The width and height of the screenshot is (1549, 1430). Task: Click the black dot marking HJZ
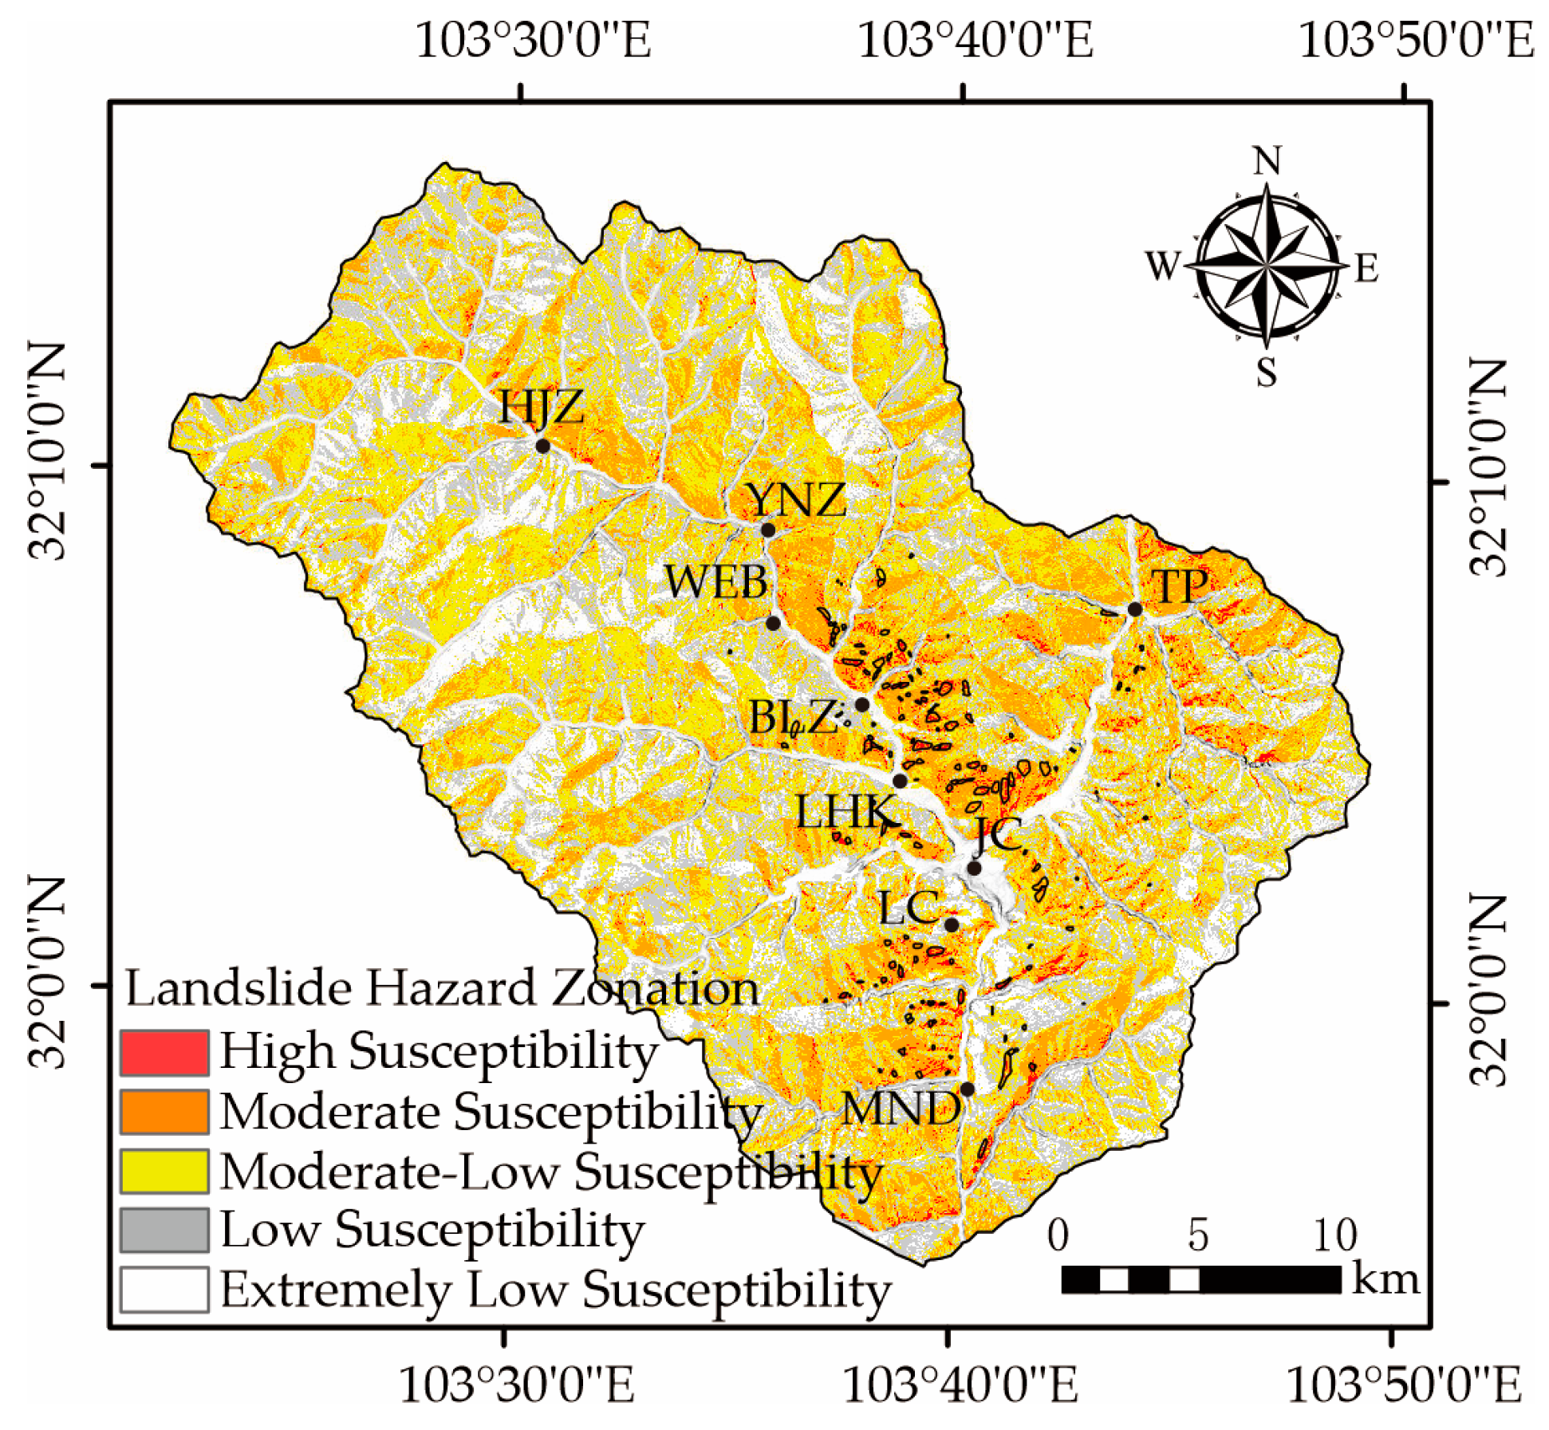coord(542,445)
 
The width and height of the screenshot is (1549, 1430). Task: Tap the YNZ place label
coord(795,500)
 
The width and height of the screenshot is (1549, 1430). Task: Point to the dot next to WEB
coord(773,623)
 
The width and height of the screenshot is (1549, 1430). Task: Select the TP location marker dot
coord(1135,609)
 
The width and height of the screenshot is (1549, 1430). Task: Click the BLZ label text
coord(792,717)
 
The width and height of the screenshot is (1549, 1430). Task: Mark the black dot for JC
coord(974,868)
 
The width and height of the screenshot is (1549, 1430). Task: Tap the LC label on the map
coord(908,908)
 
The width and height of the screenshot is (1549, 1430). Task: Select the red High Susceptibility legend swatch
coord(164,1052)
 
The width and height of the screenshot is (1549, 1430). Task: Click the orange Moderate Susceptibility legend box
coord(164,1112)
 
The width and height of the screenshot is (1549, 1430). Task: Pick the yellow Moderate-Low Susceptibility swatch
coord(164,1171)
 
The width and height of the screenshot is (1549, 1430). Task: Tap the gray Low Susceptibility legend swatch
coord(164,1230)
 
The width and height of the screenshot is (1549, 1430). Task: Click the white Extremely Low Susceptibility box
coord(164,1290)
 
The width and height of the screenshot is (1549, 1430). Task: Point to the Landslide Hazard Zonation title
coord(442,989)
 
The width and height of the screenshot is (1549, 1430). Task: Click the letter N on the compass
coord(1267,162)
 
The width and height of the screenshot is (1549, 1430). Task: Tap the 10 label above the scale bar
coord(1334,1235)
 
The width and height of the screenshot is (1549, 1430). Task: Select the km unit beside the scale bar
coord(1386,1278)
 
